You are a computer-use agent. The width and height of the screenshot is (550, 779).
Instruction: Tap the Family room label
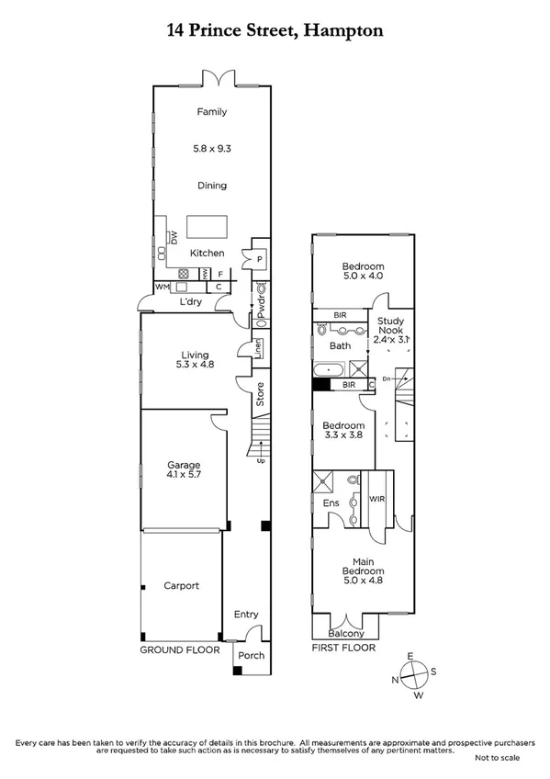click(211, 112)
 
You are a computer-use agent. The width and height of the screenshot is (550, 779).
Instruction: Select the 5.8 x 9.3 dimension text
click(211, 148)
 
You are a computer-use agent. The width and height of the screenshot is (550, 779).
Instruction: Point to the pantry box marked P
click(260, 260)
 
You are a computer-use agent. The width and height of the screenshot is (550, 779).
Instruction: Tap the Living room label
click(194, 355)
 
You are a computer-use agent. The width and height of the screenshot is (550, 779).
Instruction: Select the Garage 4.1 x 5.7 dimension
click(183, 477)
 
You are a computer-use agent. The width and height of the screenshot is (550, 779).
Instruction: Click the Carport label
click(181, 585)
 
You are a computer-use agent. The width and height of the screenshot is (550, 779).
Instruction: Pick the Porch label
click(251, 655)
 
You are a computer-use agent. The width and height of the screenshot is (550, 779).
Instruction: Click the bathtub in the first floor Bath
click(329, 370)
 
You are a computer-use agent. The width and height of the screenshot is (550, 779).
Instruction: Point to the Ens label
click(331, 503)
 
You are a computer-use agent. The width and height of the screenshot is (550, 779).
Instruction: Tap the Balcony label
click(347, 633)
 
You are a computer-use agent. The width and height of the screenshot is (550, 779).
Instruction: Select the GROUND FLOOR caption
click(180, 649)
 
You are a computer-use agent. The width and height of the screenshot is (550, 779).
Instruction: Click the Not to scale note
click(497, 758)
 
